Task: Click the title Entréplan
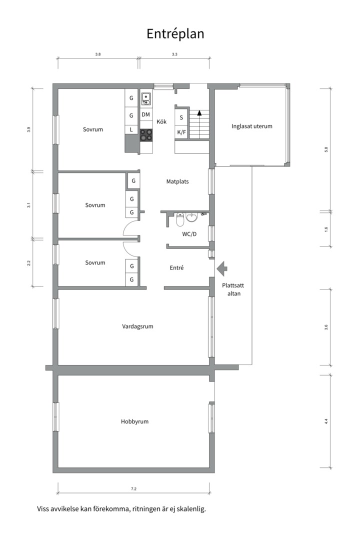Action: [x=175, y=33]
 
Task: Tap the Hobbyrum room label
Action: [x=134, y=421]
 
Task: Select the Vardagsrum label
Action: [x=137, y=326]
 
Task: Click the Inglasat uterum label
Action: [x=252, y=126]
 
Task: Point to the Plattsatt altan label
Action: [x=231, y=289]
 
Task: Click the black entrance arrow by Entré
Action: [x=221, y=269]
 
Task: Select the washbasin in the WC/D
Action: [x=192, y=217]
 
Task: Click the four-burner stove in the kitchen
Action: [x=146, y=134]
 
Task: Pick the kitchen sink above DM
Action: [x=146, y=98]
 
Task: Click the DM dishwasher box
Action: [x=146, y=114]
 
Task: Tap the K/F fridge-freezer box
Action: [x=181, y=132]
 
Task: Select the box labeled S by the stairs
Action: [x=181, y=117]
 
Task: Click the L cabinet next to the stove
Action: [x=131, y=129]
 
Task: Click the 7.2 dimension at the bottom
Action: [x=133, y=488]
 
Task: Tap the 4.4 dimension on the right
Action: [x=326, y=421]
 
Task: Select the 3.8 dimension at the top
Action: [x=98, y=54]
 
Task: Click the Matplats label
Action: [x=177, y=181]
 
